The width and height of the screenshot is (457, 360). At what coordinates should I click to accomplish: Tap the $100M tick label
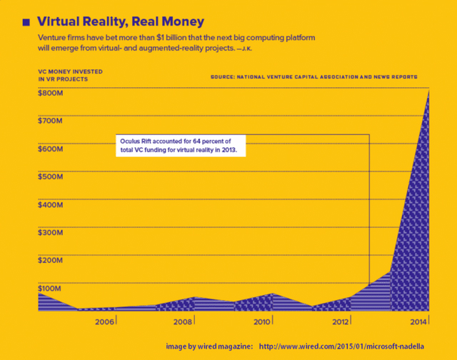(50, 288)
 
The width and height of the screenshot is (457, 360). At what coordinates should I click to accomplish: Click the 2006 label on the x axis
(105, 321)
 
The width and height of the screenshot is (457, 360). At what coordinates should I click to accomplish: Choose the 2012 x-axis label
(341, 321)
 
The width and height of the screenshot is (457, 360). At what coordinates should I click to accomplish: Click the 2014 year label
(418, 321)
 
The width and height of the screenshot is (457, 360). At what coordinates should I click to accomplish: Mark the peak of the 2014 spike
(428, 90)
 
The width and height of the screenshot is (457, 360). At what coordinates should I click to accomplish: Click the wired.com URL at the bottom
(342, 346)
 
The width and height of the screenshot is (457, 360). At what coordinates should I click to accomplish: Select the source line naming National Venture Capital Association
(314, 76)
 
